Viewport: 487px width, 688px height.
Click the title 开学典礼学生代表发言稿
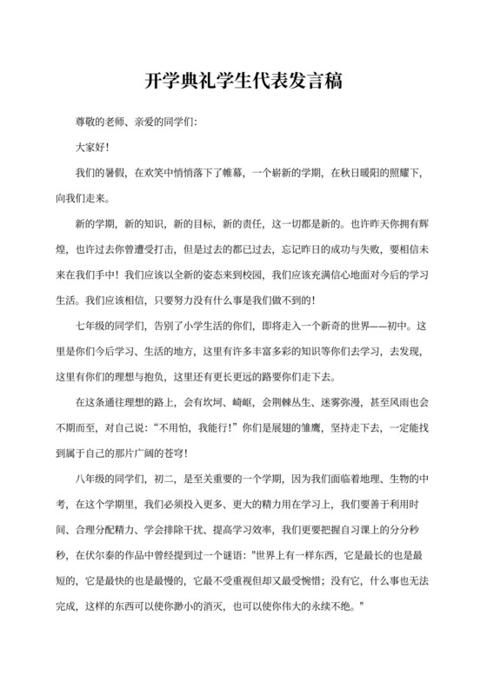[243, 83]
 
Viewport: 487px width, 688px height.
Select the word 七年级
[92, 327]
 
